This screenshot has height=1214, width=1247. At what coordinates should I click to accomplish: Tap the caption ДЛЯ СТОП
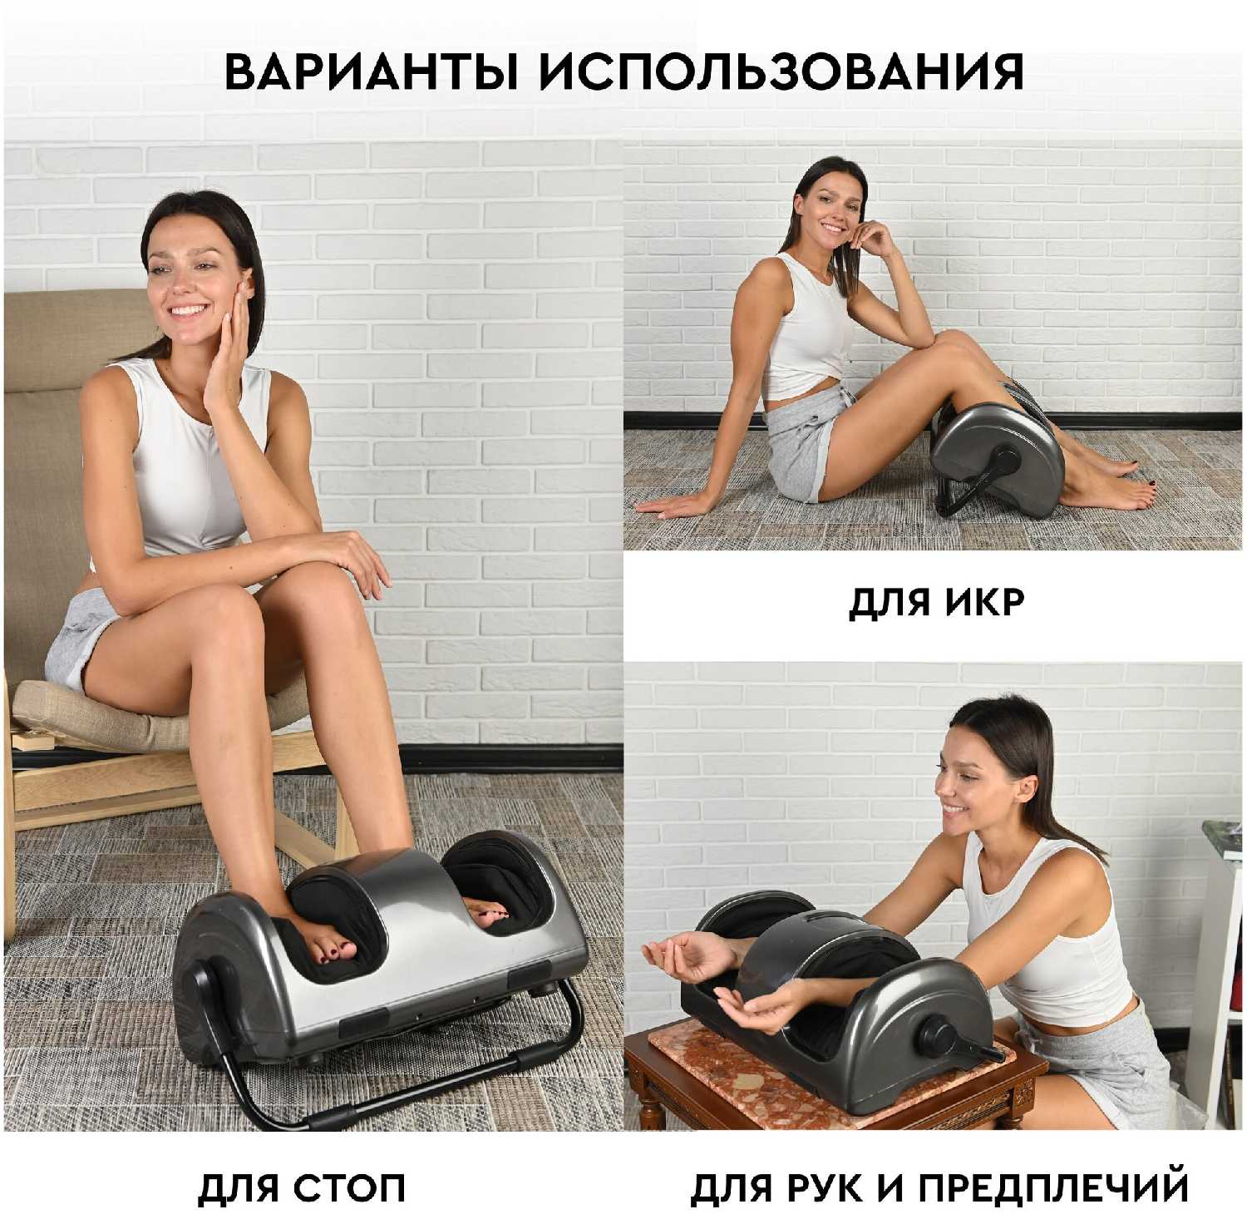[x=302, y=1187]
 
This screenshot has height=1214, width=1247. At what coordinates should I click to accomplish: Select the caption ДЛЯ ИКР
[x=936, y=601]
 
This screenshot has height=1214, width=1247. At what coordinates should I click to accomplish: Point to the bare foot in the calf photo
[x=1110, y=495]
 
